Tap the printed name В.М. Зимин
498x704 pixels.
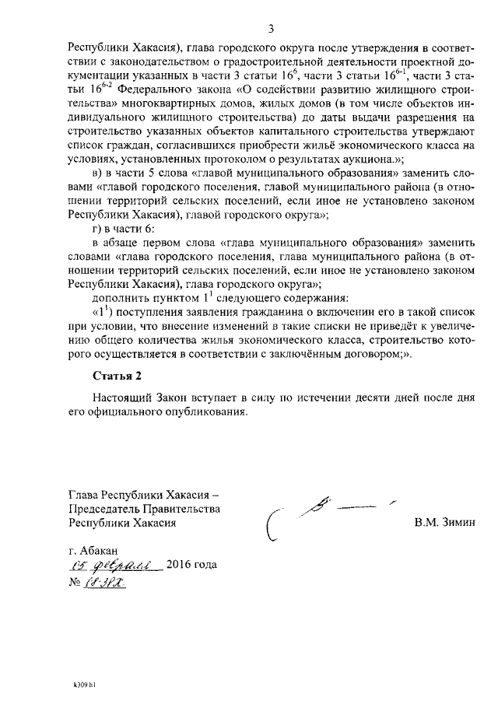[x=444, y=523]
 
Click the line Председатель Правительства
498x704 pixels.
[x=144, y=509]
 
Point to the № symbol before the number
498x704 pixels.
[x=75, y=583]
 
